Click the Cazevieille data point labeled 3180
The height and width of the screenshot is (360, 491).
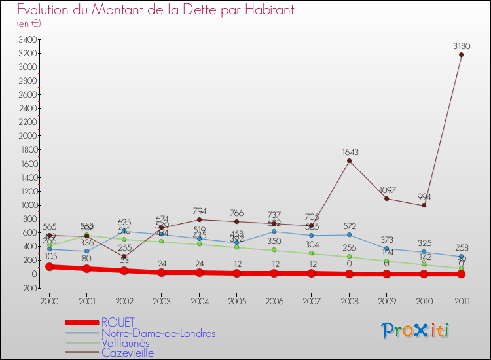[461, 54]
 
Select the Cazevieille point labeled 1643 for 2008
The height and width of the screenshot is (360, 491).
[349, 161]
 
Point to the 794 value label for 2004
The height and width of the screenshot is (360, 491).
[199, 211]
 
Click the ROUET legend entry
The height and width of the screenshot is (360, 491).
[118, 322]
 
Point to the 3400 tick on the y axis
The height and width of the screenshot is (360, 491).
[27, 39]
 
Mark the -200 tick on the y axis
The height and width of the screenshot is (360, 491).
[28, 288]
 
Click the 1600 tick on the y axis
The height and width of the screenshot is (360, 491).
[27, 164]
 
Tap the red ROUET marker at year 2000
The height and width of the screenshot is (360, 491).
[49, 266]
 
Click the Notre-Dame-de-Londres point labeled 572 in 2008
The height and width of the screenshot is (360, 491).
[349, 234]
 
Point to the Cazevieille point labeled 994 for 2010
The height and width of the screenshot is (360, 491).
[424, 205]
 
